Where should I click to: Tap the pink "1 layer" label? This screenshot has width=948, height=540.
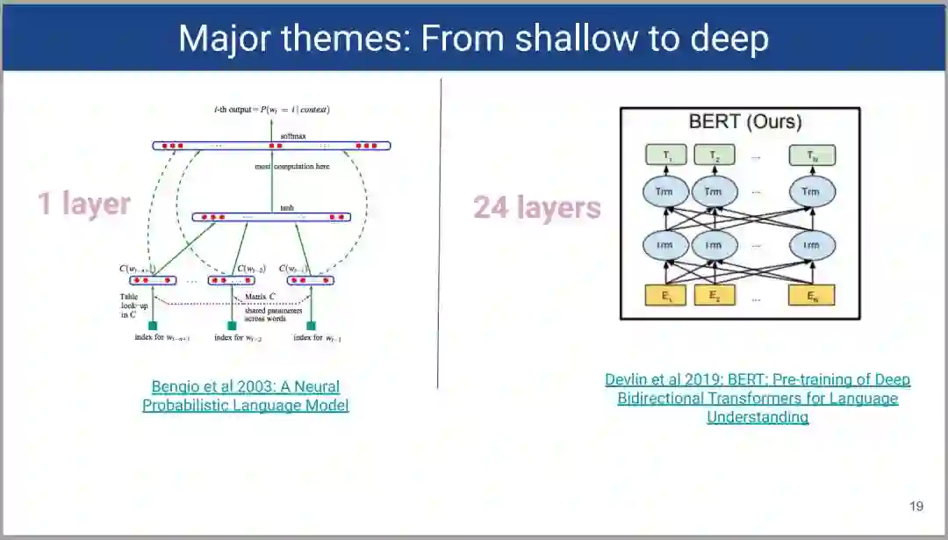(x=83, y=204)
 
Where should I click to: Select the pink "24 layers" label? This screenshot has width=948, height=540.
(x=537, y=207)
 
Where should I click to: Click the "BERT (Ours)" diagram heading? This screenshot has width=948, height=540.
(x=745, y=122)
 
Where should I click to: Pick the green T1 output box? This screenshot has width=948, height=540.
(x=668, y=155)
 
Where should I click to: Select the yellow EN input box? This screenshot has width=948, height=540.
(x=811, y=296)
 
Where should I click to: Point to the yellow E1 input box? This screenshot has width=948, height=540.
(x=668, y=296)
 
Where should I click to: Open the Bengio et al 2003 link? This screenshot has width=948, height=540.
(x=246, y=396)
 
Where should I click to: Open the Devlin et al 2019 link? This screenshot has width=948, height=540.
(x=758, y=398)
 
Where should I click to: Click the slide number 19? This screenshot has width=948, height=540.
(x=916, y=506)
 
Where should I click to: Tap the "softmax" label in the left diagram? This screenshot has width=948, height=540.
(x=291, y=135)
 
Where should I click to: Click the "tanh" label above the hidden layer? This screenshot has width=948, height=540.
(x=287, y=208)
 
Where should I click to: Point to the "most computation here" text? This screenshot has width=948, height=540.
(x=292, y=166)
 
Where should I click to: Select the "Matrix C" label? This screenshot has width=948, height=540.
(x=262, y=298)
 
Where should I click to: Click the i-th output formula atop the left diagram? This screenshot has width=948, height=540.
(x=271, y=110)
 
